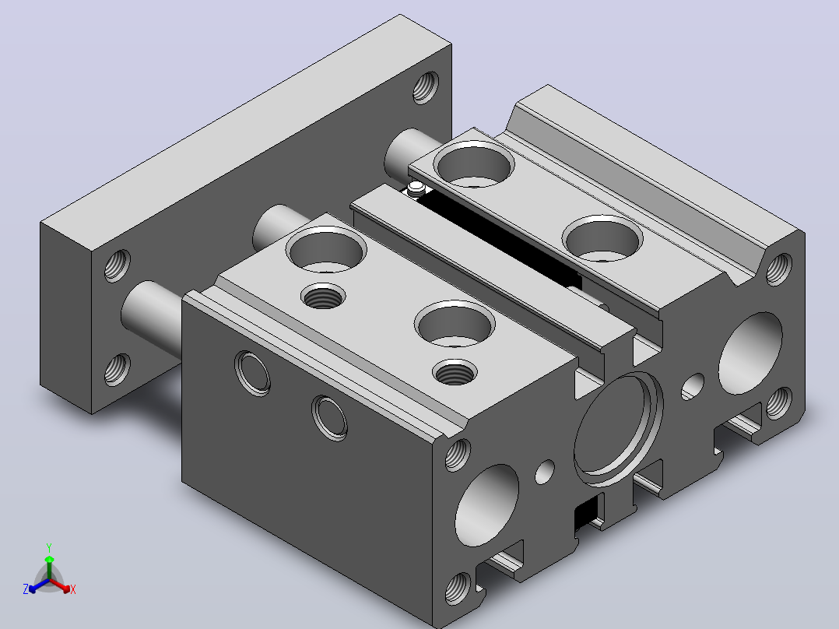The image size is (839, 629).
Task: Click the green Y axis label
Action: [x=49, y=547]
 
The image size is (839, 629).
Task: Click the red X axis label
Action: [x=73, y=589]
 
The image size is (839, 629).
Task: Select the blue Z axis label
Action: [x=26, y=589]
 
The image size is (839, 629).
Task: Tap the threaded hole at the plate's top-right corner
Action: [x=426, y=87]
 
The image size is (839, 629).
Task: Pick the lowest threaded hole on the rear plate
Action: [x=118, y=369]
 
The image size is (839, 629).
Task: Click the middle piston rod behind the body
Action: [x=279, y=227]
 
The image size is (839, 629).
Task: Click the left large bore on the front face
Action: [x=487, y=505]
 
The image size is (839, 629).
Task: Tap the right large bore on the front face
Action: [x=750, y=353]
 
